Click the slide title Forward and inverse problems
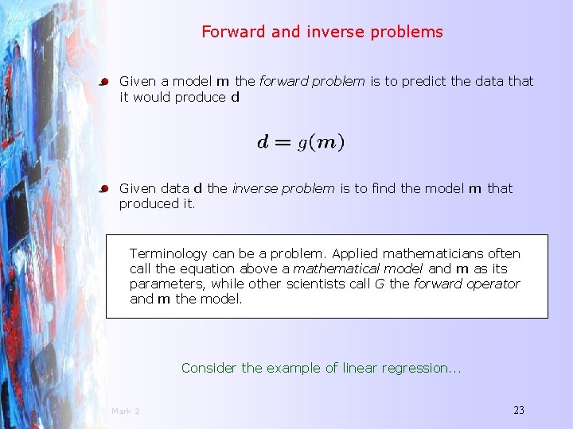point(322,33)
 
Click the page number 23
point(519,410)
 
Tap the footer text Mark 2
point(126,411)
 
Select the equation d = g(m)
point(301,143)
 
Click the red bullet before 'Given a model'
point(103,82)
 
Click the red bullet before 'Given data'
point(103,189)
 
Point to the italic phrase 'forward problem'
point(312,81)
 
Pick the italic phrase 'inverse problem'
point(283,188)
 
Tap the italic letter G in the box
point(377,284)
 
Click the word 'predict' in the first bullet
point(421,81)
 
